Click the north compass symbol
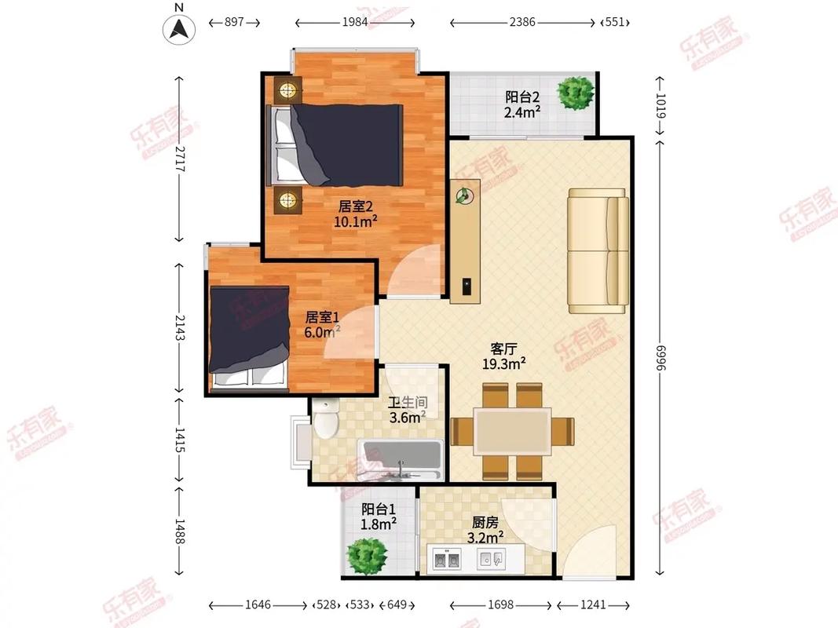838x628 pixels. pyautogui.click(x=179, y=28)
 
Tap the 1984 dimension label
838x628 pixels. pyautogui.click(x=355, y=23)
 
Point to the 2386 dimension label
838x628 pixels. pyautogui.click(x=522, y=23)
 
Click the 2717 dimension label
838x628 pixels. pyautogui.click(x=179, y=159)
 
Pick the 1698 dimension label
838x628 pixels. pyautogui.click(x=501, y=604)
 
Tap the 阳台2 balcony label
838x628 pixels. pyautogui.click(x=522, y=97)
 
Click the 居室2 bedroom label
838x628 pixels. pyautogui.click(x=356, y=206)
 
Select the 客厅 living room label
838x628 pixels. pyautogui.click(x=503, y=349)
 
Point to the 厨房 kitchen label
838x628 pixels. pyautogui.click(x=485, y=522)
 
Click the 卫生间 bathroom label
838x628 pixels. pyautogui.click(x=408, y=403)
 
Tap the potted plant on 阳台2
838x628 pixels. pyautogui.click(x=575, y=93)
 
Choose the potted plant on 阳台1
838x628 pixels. pyautogui.click(x=367, y=556)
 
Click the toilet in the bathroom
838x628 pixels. pyautogui.click(x=325, y=420)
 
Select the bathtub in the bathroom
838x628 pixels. pyautogui.click(x=400, y=460)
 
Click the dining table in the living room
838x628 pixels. pyautogui.click(x=513, y=432)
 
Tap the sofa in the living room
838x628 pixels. pyautogui.click(x=598, y=251)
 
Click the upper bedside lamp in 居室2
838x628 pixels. pyautogui.click(x=288, y=90)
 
